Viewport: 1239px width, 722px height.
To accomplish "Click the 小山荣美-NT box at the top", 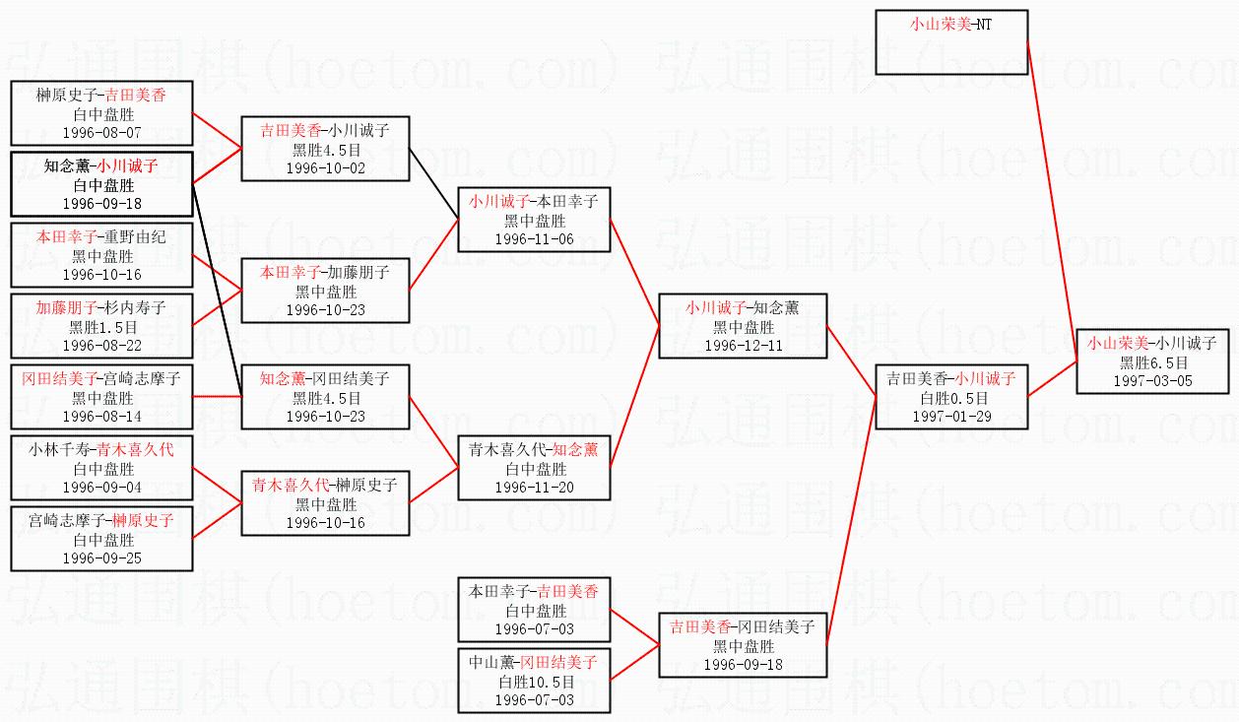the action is (x=951, y=41).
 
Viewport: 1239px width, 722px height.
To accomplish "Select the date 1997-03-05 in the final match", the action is (x=1152, y=380).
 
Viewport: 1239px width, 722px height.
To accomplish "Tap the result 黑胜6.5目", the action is (x=1152, y=362).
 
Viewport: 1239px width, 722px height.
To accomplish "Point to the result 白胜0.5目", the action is (x=951, y=398).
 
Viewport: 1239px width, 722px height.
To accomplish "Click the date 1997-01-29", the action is (x=951, y=416).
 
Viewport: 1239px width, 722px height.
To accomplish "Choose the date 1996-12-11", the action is (x=743, y=345).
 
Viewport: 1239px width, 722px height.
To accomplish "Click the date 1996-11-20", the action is (x=534, y=487).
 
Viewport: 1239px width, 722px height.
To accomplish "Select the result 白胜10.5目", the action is (x=534, y=682).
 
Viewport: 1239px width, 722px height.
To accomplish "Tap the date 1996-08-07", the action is (x=101, y=131).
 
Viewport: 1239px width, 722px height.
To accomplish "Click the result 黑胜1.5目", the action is (x=101, y=326).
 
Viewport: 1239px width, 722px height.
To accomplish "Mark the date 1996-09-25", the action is (x=101, y=557).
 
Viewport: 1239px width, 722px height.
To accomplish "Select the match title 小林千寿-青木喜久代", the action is (x=101, y=450).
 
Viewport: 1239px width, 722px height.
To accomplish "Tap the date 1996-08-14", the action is (x=101, y=416).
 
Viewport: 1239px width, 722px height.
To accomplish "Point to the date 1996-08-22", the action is (x=101, y=345).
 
